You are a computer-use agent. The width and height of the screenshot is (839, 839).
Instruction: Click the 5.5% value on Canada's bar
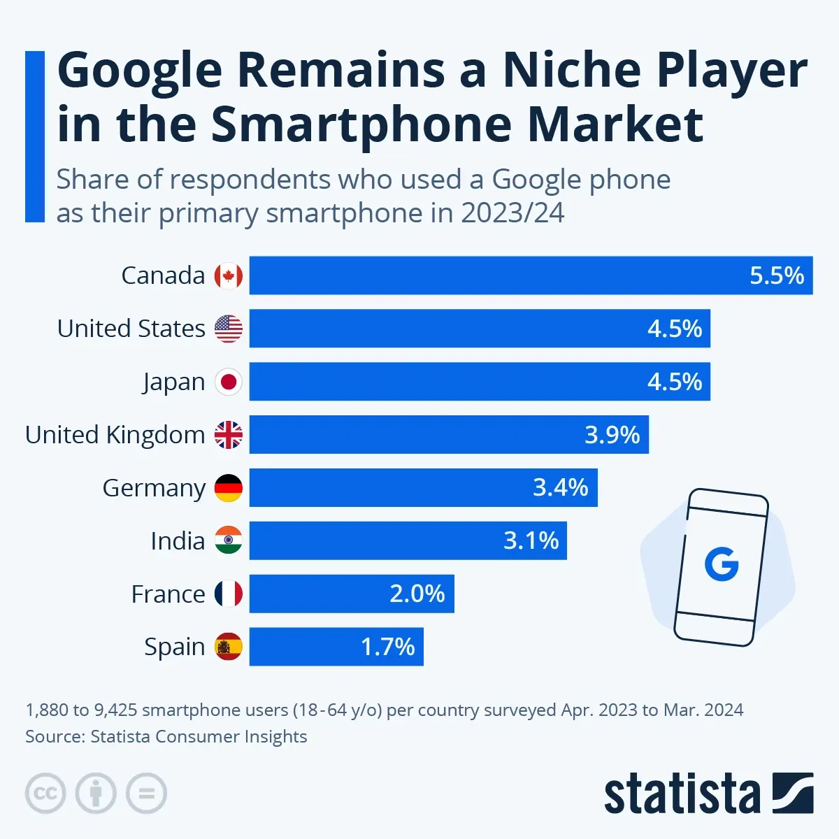tap(776, 275)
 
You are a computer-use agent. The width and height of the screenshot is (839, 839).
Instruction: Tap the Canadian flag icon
tap(229, 275)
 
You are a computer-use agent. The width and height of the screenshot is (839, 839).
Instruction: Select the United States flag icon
tap(229, 329)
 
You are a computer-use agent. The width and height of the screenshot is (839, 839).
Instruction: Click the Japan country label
tap(174, 382)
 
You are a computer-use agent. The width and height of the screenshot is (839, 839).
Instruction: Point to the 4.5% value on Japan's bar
tap(674, 382)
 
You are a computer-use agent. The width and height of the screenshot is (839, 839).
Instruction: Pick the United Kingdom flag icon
tap(229, 435)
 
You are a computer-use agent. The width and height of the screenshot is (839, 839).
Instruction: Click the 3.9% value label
tap(612, 435)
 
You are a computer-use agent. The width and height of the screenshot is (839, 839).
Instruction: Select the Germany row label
tap(154, 488)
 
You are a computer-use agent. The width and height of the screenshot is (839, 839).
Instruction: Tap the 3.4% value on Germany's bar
tap(560, 487)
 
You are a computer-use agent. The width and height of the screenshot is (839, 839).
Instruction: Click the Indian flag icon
tap(229, 540)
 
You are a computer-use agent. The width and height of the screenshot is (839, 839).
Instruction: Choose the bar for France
tap(352, 594)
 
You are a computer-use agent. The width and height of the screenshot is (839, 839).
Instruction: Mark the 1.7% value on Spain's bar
tap(387, 647)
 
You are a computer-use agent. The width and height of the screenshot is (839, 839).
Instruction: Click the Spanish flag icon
tap(229, 647)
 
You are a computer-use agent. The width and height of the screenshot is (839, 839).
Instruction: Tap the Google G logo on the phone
tap(722, 565)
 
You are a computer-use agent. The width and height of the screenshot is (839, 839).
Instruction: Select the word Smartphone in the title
tap(362, 124)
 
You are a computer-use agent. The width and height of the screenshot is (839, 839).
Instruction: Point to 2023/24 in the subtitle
tap(512, 213)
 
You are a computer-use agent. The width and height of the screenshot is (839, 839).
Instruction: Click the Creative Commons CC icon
tap(45, 794)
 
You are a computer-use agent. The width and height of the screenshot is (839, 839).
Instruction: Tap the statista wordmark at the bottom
tap(682, 794)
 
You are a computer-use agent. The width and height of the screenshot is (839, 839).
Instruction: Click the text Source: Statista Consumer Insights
tap(166, 736)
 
